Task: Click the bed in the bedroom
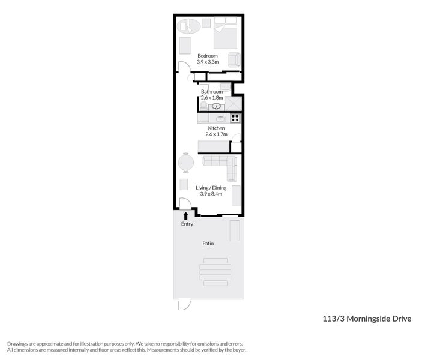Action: pos(226,32)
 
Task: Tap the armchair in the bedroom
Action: pos(234,59)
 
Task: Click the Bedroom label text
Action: pos(208,56)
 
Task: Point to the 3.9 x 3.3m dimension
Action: pos(208,62)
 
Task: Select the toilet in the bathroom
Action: pos(203,106)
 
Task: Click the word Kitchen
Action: pos(216,128)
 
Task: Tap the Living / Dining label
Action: pos(210,188)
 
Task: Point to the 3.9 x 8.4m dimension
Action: pos(210,194)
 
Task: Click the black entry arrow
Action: pos(185,215)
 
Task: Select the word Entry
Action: pos(187,224)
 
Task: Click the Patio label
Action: pos(208,244)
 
